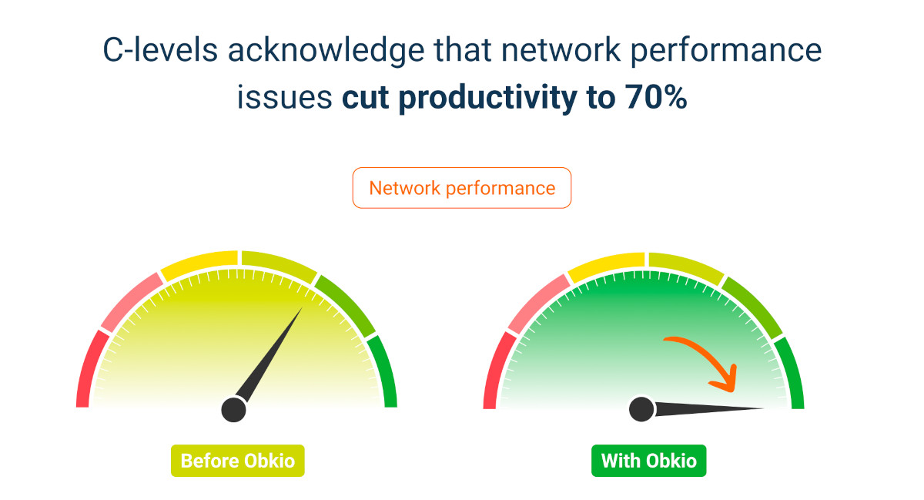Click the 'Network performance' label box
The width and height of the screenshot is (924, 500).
coord(462,188)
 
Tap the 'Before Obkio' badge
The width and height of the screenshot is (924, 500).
coord(237,461)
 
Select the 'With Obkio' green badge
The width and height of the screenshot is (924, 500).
coord(648,461)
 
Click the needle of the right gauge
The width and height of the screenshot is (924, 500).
coord(708,409)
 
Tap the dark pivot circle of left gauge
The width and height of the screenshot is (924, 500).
coord(233,409)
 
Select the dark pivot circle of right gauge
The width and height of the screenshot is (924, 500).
coord(641,409)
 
